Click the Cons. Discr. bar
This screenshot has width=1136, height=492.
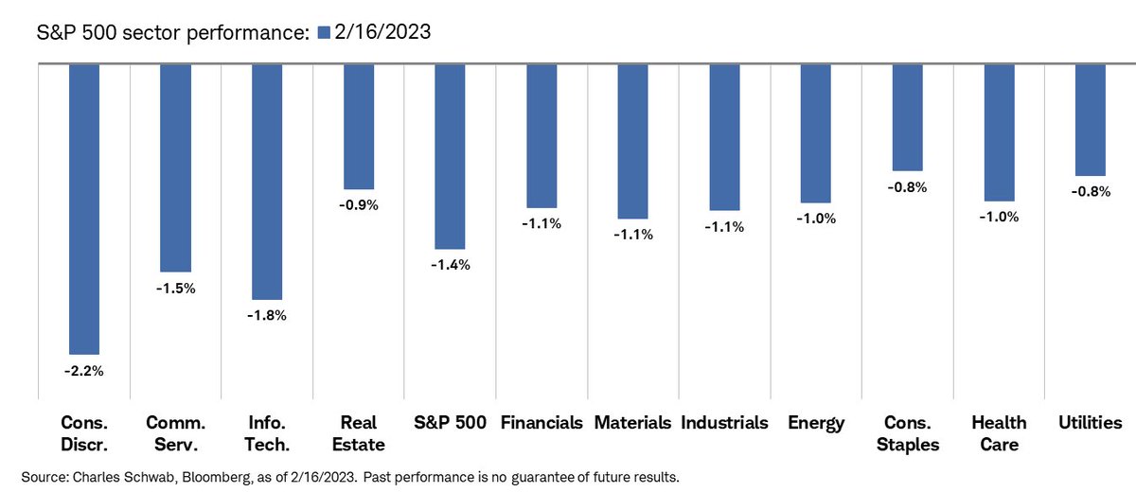pos(84,209)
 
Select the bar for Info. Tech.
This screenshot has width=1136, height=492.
pos(267,182)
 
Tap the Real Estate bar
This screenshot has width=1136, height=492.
pos(359,127)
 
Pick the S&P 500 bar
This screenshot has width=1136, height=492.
pos(450,156)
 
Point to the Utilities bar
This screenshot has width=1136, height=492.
pos(1091,120)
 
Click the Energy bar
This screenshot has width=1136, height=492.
pos(816,133)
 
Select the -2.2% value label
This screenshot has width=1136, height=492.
pos(84,372)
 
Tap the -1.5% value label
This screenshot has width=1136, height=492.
pos(175,289)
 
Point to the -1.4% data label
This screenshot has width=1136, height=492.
pos(450,266)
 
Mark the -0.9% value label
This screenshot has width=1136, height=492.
pos(359,205)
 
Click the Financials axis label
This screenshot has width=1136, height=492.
pos(541,423)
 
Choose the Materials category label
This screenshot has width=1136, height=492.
pos(632,423)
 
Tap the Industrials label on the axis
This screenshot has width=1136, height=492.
pos(724,423)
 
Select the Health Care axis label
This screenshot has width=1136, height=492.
pos(999,432)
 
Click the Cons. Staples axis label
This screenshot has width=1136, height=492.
pos(908,432)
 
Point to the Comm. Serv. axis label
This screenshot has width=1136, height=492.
pos(175,432)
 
